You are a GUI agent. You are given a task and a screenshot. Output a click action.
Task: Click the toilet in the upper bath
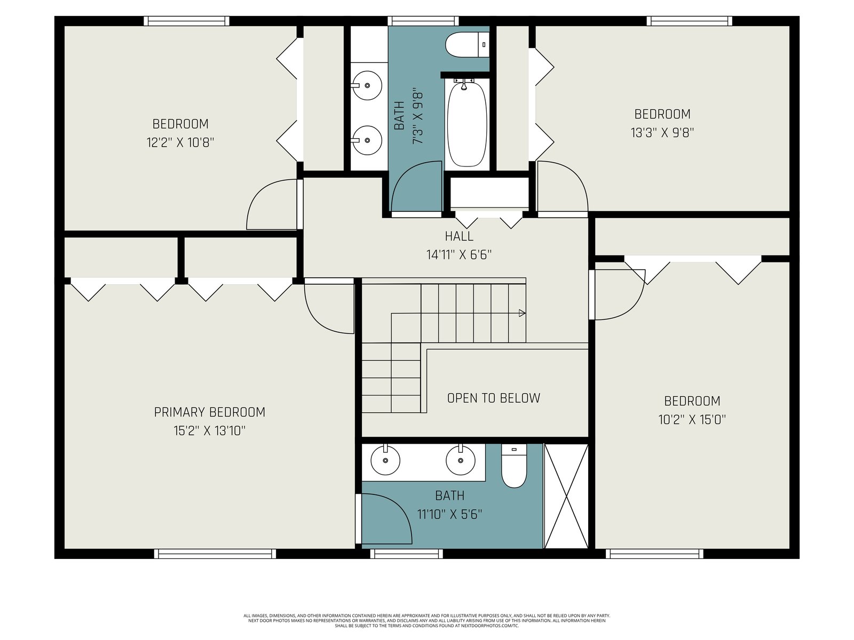pyautogui.click(x=467, y=45)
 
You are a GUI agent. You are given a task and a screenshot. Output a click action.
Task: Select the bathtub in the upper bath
pyautogui.click(x=466, y=124)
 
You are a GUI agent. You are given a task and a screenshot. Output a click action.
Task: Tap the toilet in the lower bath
pyautogui.click(x=513, y=466)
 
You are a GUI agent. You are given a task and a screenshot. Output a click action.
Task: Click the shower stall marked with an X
pyautogui.click(x=566, y=496)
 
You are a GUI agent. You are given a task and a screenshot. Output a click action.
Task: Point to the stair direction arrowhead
pyautogui.click(x=522, y=313)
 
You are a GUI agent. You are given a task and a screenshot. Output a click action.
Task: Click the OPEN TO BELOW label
pyautogui.click(x=493, y=398)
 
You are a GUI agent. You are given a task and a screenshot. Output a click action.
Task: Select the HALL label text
pyautogui.click(x=459, y=236)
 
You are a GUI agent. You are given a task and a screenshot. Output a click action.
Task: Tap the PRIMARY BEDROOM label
pyautogui.click(x=209, y=412)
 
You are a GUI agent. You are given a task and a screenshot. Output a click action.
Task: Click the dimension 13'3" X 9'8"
pyautogui.click(x=662, y=133)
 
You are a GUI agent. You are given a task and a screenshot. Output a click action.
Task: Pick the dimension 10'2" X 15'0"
pyautogui.click(x=692, y=420)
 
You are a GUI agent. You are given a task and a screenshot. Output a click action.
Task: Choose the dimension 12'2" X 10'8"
pyautogui.click(x=180, y=142)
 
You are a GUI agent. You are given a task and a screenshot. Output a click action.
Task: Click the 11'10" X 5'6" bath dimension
pyautogui.click(x=449, y=515)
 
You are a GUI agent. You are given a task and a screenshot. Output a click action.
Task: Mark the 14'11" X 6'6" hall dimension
pyautogui.click(x=458, y=255)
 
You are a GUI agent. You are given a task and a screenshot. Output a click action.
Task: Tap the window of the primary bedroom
pyautogui.click(x=215, y=554)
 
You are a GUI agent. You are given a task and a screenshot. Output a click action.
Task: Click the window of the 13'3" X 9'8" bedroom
pyautogui.click(x=690, y=21)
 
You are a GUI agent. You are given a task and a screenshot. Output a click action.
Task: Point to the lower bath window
pyautogui.click(x=406, y=554)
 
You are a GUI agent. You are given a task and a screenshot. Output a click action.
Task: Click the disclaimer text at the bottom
pyautogui.click(x=427, y=621)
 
